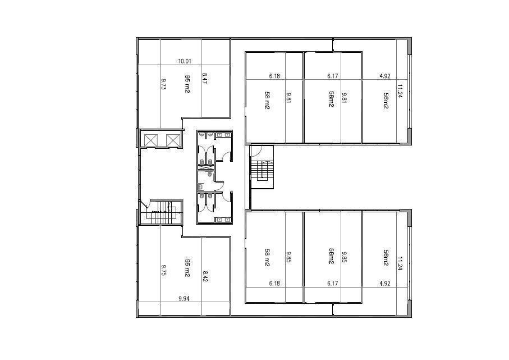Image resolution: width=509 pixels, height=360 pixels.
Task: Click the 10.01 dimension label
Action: coord(185,61)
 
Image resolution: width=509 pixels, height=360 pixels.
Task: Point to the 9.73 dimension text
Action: coord(164,84)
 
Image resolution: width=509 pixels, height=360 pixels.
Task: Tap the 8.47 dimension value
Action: coord(204,78)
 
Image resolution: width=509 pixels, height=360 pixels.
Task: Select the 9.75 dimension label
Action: coord(164,270)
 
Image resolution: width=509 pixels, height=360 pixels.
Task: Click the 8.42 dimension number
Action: coord(205,276)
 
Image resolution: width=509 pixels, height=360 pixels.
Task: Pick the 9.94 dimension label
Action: coord(184,299)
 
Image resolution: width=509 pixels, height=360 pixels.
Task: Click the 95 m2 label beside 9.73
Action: coord(187,84)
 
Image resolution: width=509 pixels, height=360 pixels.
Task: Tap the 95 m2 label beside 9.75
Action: coord(187,267)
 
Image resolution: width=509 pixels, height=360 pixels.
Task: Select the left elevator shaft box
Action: coord(150,140)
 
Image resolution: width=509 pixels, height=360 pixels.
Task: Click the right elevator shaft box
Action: coord(173,140)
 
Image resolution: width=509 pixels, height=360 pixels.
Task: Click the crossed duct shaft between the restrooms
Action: coord(205,167)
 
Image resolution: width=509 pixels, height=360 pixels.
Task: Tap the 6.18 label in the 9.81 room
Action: coord(274,76)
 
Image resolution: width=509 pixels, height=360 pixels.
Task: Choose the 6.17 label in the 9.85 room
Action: coord(333,283)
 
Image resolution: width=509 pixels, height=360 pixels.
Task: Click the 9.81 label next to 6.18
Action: coord(288,98)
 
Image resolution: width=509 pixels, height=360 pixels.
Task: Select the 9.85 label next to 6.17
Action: coord(344,257)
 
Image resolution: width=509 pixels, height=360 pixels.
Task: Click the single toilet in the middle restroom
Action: coord(210,174)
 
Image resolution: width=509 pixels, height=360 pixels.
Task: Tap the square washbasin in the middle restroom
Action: coord(201,186)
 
